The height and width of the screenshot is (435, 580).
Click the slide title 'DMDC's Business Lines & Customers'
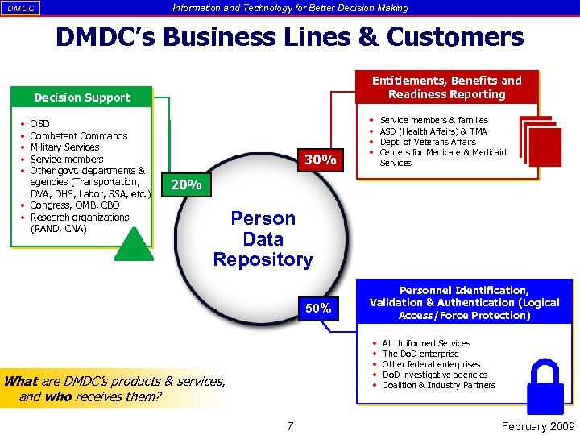(289, 38)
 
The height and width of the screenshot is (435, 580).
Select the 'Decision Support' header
(81, 97)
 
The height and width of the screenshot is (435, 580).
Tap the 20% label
(187, 185)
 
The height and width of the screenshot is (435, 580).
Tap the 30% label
(320, 160)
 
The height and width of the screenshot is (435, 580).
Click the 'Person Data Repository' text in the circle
(263, 239)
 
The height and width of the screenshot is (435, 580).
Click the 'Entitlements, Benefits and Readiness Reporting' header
(446, 87)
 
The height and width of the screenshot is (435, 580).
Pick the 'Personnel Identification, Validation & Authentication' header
(464, 303)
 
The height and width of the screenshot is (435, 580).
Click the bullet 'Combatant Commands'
(78, 135)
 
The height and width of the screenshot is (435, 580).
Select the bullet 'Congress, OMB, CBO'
(74, 205)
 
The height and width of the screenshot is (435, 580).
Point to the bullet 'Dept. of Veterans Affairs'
(427, 142)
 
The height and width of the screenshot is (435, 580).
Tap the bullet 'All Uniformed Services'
(426, 343)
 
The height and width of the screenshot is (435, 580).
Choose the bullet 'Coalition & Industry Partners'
(438, 385)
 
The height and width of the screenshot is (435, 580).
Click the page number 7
(290, 425)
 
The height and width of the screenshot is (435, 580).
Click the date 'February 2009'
(537, 426)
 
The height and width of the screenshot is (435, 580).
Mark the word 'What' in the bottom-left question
(19, 381)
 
